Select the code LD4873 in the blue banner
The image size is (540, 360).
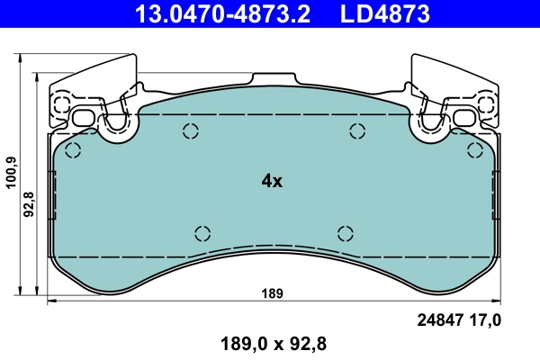(383, 13)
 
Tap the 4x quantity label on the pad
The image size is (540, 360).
(272, 181)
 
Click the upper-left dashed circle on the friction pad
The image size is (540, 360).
(191, 131)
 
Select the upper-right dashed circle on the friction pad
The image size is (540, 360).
(356, 131)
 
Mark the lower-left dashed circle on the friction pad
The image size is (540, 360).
(202, 233)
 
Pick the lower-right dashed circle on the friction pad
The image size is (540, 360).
(345, 233)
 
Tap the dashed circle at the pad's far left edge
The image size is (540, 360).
(73, 149)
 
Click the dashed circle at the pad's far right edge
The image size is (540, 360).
(474, 149)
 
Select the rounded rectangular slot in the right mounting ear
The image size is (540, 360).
(463, 118)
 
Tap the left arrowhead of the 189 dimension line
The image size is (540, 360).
(50, 301)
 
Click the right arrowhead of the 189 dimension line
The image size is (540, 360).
(496, 301)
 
